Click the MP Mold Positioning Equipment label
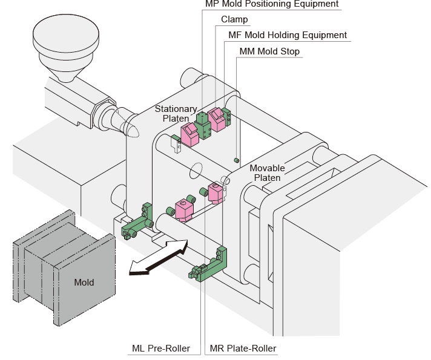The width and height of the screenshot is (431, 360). tap(272, 4)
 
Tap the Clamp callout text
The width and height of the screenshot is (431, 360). tap(234, 19)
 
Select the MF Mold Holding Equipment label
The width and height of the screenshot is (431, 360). tap(288, 35)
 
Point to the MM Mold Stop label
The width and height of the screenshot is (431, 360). tap(269, 51)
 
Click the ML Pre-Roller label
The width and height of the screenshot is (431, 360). tap(161, 349)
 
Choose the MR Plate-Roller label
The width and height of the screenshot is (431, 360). tap(243, 349)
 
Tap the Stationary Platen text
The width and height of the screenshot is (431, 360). tap(176, 114)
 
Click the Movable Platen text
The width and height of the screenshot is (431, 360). tap(267, 173)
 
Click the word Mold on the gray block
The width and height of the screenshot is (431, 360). tap(84, 282)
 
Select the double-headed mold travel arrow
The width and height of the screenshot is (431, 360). tap(159, 257)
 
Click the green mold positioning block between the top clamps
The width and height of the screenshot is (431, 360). tap(203, 126)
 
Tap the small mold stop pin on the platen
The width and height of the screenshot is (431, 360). tap(237, 160)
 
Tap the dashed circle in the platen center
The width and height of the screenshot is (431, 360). tap(196, 171)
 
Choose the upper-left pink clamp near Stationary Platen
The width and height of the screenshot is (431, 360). tap(189, 135)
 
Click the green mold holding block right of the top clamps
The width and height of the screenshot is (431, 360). tap(226, 117)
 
